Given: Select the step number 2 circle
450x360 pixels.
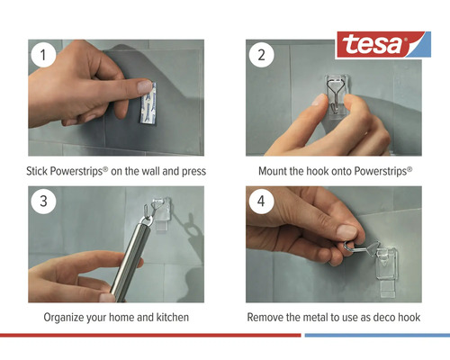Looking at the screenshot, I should [x=262, y=54].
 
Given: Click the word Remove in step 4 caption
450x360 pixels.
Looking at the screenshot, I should [x=265, y=318].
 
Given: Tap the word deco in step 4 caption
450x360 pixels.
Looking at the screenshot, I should [x=379, y=318].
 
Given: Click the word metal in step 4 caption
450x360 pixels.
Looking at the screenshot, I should [x=315, y=318].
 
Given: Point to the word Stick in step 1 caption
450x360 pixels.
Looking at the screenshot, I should [x=40, y=171].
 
